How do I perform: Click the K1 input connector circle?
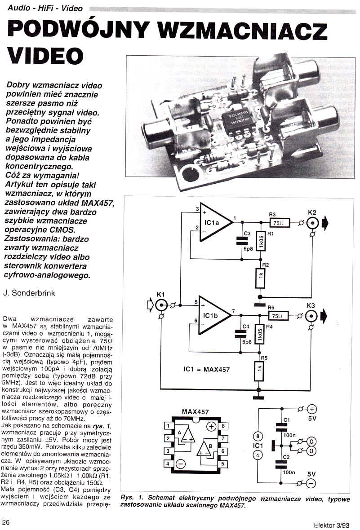tap(161, 306)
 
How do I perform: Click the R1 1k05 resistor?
tap(261, 243)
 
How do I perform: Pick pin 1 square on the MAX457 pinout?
tap(167, 426)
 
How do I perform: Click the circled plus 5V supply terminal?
tap(312, 409)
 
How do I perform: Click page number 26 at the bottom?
tap(7, 522)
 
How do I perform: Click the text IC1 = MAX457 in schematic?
tap(207, 369)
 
